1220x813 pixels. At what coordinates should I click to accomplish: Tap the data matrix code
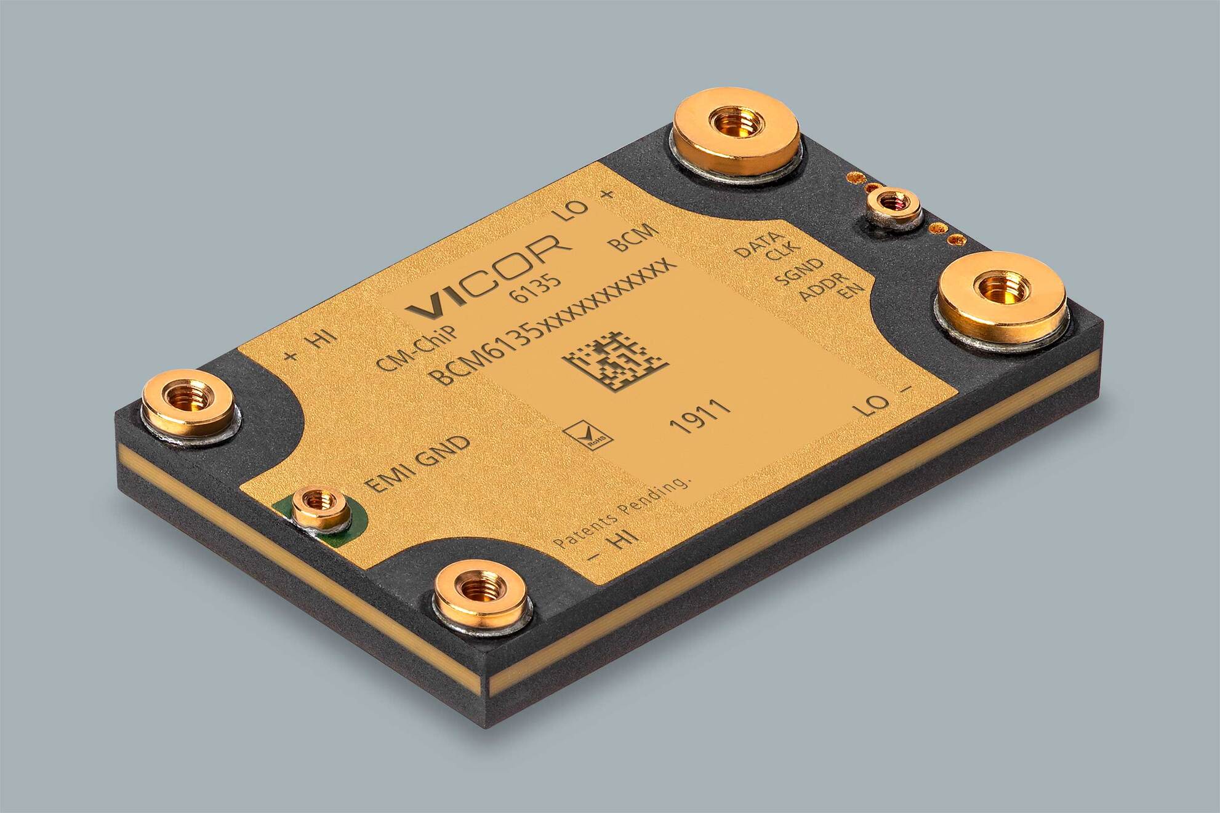click(x=614, y=363)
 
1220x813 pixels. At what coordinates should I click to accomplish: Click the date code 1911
click(x=700, y=417)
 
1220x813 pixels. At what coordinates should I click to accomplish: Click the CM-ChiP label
click(x=418, y=348)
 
